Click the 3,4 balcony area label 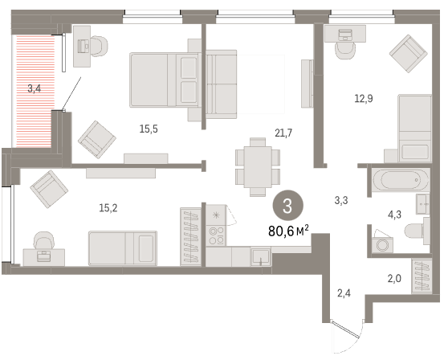point(35,88)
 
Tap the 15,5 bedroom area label point(149,129)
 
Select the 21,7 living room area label point(283,133)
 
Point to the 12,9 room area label point(364,99)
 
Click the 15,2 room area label point(108,208)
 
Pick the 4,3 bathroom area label point(394,215)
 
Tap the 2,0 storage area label point(394,278)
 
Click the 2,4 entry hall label point(344,293)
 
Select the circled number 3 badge point(287,207)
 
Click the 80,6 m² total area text point(288,231)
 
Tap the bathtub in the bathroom point(401,180)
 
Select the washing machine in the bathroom point(383,244)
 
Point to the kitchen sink point(261,257)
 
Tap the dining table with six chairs point(258,167)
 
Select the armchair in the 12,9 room point(409,54)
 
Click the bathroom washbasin point(422,204)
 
